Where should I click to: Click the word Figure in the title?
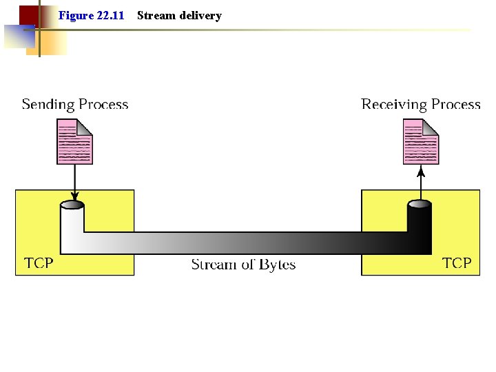tap(75, 15)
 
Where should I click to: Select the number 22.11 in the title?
tap(110, 15)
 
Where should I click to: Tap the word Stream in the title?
tap(156, 15)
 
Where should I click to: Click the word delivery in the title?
tap(200, 15)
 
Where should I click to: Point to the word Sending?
tap(48, 105)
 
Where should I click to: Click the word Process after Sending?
tap(103, 105)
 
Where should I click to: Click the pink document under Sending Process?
tap(74, 142)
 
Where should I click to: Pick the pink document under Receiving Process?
tap(421, 142)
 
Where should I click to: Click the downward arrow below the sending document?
tap(74, 182)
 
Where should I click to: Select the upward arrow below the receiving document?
tap(421, 182)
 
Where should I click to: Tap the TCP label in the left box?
tap(39, 263)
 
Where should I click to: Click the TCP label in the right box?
tap(457, 263)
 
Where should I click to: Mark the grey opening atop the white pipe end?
tap(72, 205)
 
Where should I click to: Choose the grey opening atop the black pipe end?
tap(420, 205)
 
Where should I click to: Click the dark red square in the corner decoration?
tap(28, 14)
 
